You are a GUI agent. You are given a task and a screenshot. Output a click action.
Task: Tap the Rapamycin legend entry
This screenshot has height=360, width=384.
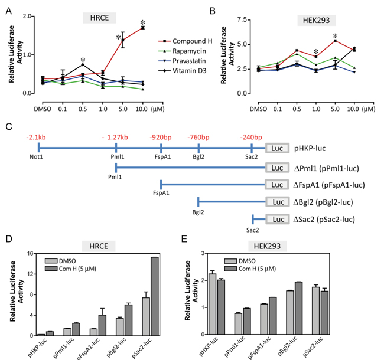[184, 51]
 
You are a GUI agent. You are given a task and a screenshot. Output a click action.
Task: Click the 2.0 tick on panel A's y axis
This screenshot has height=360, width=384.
[24, 16]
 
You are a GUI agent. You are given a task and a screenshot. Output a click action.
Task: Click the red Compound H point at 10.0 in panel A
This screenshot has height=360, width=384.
[143, 28]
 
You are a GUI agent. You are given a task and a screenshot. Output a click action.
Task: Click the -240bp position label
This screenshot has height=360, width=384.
[252, 136]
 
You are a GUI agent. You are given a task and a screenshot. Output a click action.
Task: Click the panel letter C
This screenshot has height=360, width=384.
[8, 126]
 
